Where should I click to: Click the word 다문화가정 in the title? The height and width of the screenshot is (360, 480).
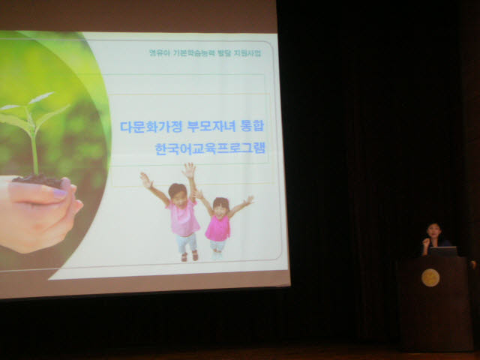[151, 127]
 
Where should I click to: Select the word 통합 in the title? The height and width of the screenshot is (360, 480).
[252, 125]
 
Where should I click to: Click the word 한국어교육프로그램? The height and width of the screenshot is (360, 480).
[210, 148]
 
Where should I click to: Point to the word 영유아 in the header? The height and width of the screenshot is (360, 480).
[159, 53]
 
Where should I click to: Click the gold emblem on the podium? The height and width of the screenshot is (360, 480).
[430, 277]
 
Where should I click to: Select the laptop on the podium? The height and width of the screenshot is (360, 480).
[443, 251]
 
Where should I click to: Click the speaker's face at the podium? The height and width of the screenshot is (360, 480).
[435, 231]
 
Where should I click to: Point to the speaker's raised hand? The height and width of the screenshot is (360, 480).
[425, 243]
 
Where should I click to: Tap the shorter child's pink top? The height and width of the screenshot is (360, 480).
[218, 228]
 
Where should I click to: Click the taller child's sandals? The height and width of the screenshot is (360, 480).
[190, 256]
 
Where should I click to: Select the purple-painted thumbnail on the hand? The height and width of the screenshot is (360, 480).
[60, 193]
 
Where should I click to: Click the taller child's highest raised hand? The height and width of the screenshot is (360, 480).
[189, 170]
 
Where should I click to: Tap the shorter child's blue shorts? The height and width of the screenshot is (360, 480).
[217, 245]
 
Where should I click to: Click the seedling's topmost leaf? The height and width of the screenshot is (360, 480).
[40, 97]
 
